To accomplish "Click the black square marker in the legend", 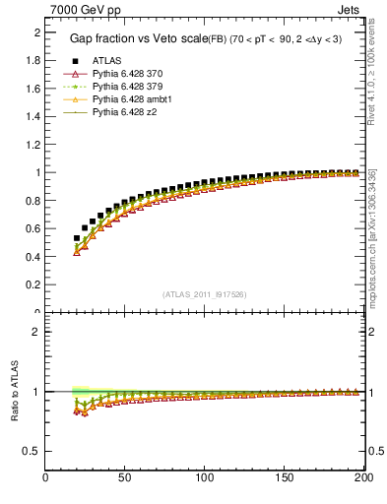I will (x=76, y=60).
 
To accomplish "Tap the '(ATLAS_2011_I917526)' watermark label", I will (x=204, y=294).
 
